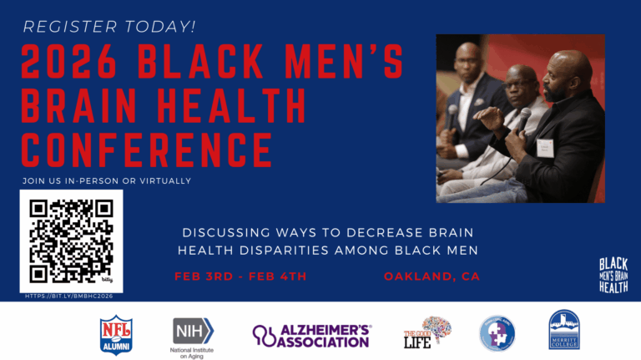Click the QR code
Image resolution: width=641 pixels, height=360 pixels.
pyautogui.click(x=71, y=241)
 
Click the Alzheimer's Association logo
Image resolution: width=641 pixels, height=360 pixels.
pyautogui.click(x=312, y=335)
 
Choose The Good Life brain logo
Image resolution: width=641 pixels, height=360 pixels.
pyautogui.click(x=426, y=331)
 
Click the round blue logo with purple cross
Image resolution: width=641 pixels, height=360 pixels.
pyautogui.click(x=497, y=332)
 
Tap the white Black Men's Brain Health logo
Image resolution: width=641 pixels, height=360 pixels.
pyautogui.click(x=613, y=275)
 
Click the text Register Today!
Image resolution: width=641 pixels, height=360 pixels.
pyautogui.click(x=109, y=26)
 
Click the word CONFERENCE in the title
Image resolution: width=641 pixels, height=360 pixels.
pyautogui.click(x=147, y=151)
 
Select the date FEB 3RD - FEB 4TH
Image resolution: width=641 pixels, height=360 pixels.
pyautogui.click(x=240, y=276)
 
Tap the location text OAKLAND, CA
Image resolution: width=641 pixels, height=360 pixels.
pyautogui.click(x=432, y=276)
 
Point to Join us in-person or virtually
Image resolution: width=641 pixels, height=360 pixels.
pyautogui.click(x=106, y=180)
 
